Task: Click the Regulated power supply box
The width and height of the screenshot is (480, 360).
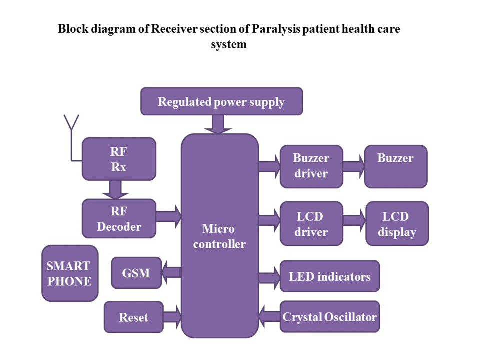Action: click(x=221, y=102)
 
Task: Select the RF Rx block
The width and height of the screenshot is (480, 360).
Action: click(x=119, y=159)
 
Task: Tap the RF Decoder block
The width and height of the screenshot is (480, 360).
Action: click(x=119, y=219)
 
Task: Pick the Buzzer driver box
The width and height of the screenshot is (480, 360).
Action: click(x=311, y=166)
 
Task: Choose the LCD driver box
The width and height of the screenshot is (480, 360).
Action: click(x=311, y=224)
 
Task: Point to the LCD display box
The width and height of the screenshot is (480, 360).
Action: click(x=397, y=224)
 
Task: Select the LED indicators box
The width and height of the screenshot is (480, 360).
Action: click(x=329, y=276)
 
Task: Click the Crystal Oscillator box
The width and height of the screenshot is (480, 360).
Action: click(x=329, y=317)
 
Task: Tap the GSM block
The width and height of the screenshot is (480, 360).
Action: click(x=136, y=273)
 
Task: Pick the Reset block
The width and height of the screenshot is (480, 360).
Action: click(x=133, y=317)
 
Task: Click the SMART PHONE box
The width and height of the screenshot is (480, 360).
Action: click(x=69, y=273)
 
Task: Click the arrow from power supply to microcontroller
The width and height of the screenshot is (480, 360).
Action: click(x=218, y=124)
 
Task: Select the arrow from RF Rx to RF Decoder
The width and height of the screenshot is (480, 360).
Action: click(x=115, y=189)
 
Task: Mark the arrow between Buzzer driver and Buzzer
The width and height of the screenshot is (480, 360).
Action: click(x=353, y=166)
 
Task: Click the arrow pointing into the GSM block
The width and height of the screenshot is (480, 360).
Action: click(x=172, y=272)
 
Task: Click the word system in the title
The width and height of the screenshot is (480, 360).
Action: click(x=229, y=44)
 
